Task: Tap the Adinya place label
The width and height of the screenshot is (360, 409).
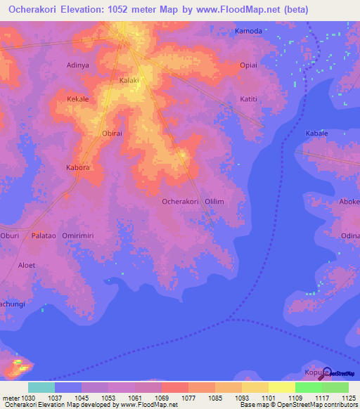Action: (77, 65)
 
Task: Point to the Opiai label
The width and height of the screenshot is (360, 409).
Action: (249, 65)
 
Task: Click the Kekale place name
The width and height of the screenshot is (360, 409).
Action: (77, 99)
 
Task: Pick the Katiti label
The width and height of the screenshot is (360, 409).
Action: (249, 99)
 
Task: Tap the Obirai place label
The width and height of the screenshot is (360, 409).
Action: (112, 133)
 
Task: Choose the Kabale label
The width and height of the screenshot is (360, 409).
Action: (316, 133)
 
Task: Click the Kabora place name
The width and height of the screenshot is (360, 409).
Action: (77, 168)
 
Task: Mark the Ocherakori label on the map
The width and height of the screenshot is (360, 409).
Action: (181, 202)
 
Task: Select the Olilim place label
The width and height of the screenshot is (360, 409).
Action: (214, 202)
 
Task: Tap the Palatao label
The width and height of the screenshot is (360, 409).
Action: (44, 236)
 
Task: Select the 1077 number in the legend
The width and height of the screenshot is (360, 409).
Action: (188, 398)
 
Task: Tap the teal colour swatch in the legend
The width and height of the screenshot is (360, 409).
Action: (41, 387)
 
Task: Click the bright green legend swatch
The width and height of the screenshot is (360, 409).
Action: (308, 387)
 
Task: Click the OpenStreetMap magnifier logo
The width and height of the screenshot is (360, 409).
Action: (326, 372)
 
